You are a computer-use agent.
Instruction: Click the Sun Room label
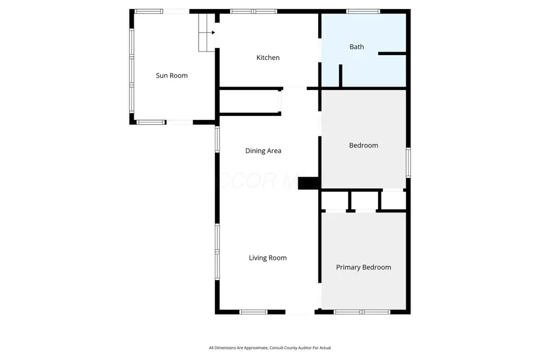[172, 76]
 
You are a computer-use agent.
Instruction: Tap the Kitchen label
[268, 58]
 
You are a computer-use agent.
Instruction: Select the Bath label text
[356, 47]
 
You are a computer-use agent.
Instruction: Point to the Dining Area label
[263, 151]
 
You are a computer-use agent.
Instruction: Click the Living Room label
[268, 258]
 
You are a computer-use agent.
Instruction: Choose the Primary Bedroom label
[363, 268]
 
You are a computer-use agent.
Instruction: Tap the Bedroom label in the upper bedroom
[364, 145]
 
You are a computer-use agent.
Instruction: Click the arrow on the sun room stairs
[212, 32]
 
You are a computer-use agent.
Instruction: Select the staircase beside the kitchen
[206, 32]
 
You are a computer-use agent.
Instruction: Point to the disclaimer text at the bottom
[269, 348]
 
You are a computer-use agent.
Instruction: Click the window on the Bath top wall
[363, 11]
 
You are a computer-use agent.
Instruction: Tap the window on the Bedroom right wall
[408, 162]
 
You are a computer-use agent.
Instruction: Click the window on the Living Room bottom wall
[253, 312]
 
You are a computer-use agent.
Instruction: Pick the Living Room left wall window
[217, 251]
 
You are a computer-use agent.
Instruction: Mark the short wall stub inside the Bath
[340, 76]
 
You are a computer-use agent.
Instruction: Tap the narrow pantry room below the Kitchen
[249, 101]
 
